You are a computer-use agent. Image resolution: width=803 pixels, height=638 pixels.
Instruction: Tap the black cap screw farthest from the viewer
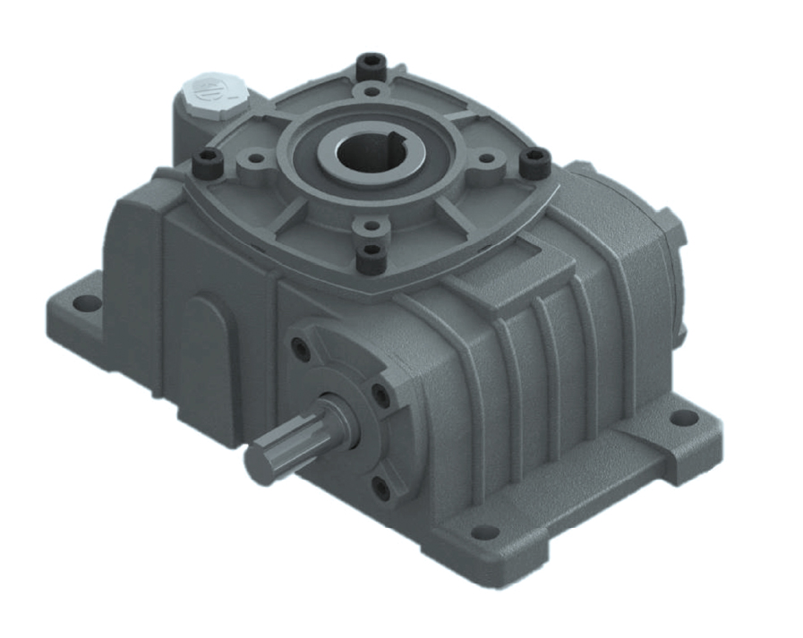tap(370, 64)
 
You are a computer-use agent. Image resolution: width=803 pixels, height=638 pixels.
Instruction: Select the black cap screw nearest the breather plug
tap(209, 162)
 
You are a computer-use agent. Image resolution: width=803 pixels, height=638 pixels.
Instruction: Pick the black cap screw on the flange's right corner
tap(535, 161)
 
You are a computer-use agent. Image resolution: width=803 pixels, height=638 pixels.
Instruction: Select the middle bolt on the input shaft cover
tap(380, 395)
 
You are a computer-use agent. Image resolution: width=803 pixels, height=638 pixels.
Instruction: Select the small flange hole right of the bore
tap(486, 158)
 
